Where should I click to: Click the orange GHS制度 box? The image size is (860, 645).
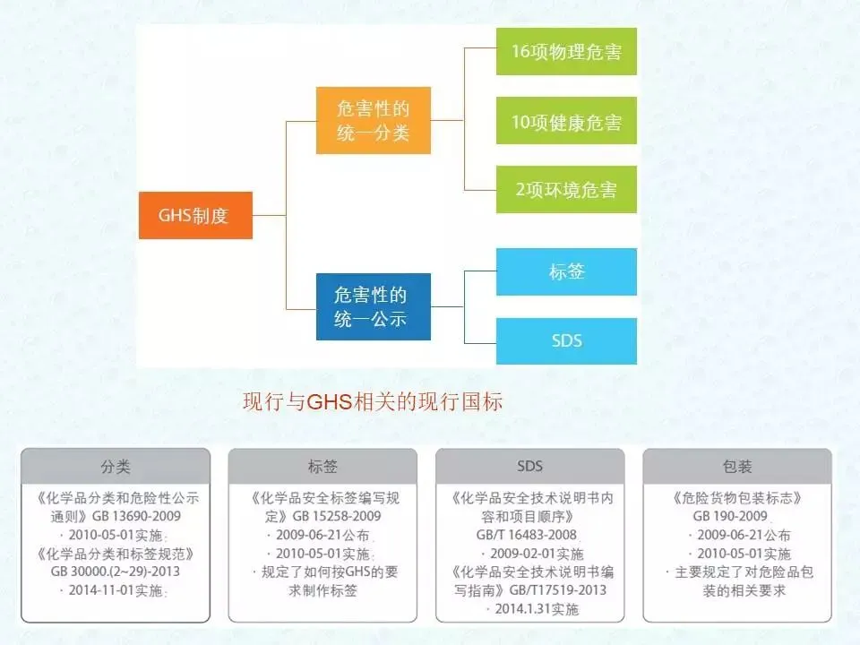(x=194, y=215)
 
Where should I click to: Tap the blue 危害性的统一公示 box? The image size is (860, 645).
(x=373, y=306)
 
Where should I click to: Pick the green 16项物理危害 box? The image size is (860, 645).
(x=566, y=51)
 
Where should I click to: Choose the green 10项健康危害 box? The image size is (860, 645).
(x=566, y=121)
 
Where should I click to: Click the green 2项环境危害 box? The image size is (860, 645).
(x=566, y=190)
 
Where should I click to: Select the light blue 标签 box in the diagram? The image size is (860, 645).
(x=566, y=271)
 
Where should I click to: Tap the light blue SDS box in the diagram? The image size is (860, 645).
(x=566, y=340)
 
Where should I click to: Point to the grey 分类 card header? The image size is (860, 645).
(x=116, y=467)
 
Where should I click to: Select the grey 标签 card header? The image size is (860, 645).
(x=322, y=467)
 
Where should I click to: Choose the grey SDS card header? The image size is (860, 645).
(x=529, y=467)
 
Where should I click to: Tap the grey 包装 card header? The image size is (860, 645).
(x=736, y=467)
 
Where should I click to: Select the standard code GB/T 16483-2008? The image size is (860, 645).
(x=529, y=535)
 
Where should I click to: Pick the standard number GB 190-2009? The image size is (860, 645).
(x=729, y=517)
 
